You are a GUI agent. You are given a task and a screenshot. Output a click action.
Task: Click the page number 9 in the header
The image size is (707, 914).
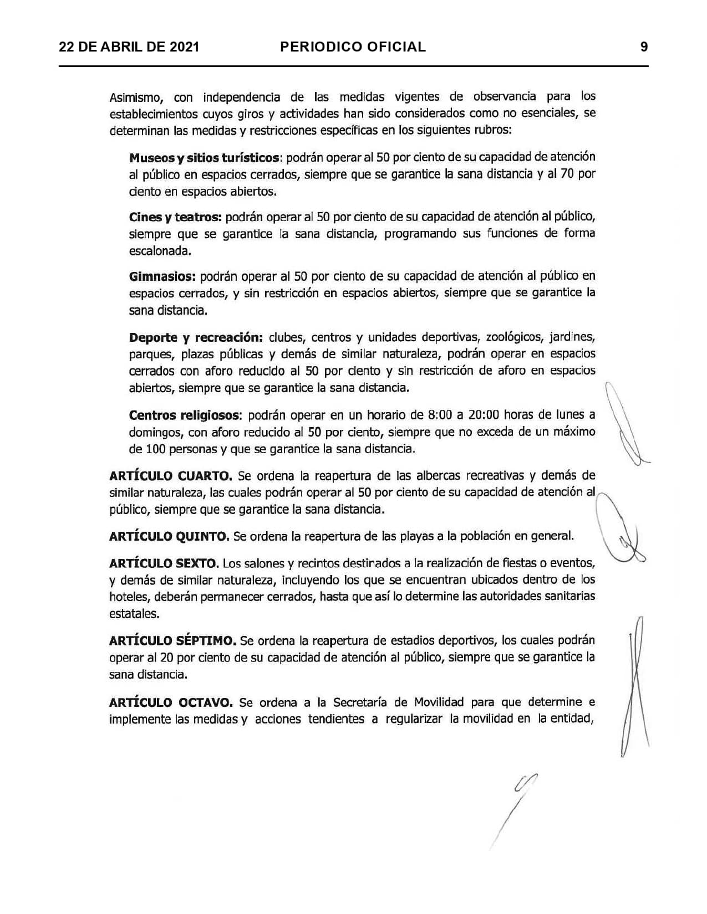pos(644,47)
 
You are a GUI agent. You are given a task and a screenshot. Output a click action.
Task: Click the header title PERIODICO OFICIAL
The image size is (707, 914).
pos(353,47)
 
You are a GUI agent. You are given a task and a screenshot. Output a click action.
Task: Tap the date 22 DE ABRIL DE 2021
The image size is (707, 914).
pos(129,47)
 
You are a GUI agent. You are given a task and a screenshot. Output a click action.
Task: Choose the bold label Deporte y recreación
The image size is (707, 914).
pos(195,337)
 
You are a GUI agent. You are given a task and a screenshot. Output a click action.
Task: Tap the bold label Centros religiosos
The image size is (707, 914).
pos(185,415)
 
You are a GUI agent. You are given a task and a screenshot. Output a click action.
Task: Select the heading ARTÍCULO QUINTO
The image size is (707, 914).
pos(169,536)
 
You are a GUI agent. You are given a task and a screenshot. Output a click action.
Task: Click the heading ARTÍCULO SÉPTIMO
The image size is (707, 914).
pos(173,641)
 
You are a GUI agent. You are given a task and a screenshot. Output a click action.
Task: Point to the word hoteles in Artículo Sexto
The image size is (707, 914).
pos(129,597)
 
